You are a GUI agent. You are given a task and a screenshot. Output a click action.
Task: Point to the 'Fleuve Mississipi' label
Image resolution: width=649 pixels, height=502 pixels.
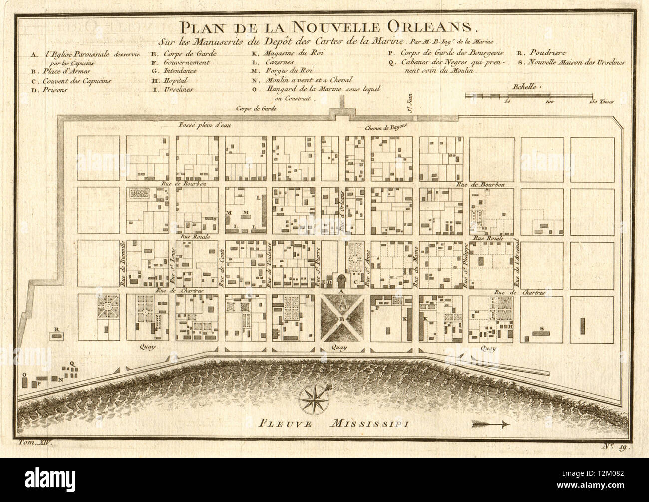(x=333, y=424)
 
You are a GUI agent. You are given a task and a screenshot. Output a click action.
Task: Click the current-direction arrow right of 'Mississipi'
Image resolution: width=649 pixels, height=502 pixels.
(x=490, y=424)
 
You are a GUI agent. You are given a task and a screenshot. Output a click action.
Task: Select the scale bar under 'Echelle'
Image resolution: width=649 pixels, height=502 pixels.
(x=529, y=94)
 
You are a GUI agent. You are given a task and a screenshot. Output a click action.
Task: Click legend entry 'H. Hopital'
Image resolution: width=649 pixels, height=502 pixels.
(x=170, y=80)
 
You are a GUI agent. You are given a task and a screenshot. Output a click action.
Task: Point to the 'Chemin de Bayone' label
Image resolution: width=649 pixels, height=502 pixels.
(x=386, y=128)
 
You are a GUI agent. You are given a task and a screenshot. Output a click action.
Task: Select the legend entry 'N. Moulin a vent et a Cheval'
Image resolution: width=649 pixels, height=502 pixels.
(x=302, y=80)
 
